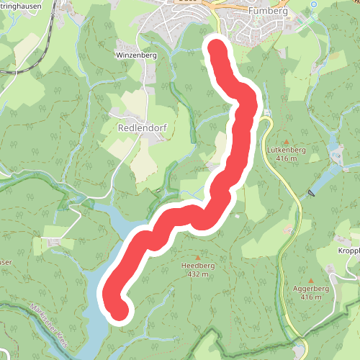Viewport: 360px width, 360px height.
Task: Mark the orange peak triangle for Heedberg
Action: (x=198, y=257)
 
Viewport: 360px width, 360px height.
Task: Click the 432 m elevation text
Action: (x=198, y=274)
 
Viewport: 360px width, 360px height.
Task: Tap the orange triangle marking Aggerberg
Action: (x=310, y=281)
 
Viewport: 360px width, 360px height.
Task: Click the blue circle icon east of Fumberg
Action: (x=314, y=5)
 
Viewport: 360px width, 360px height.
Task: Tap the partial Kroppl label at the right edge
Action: (x=348, y=251)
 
